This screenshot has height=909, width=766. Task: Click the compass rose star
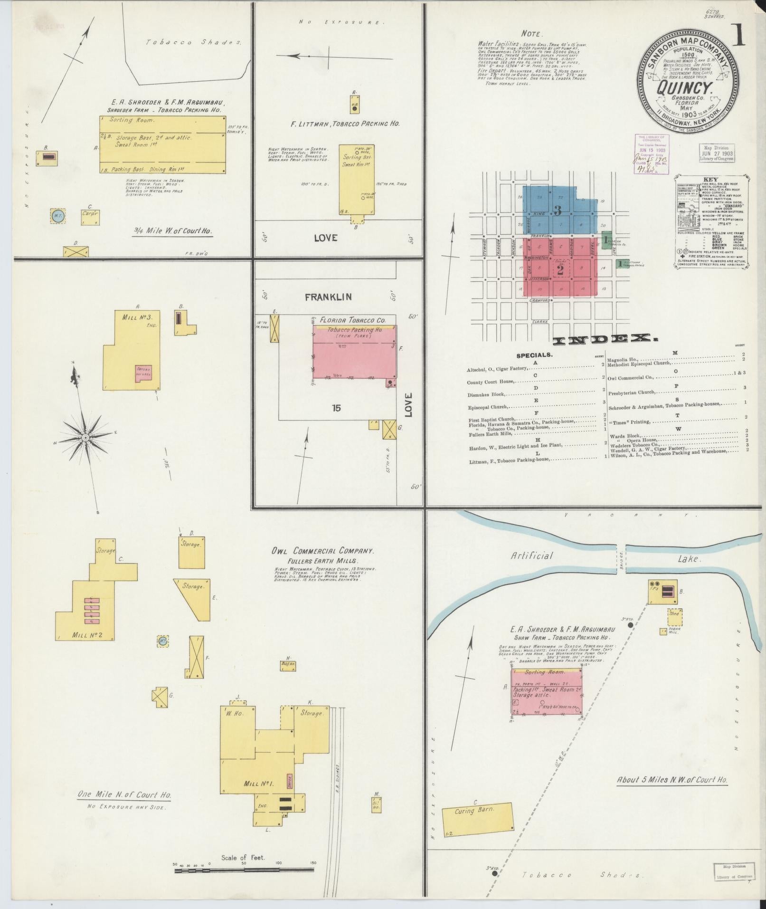[85, 437]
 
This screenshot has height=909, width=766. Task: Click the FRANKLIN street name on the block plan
[328, 297]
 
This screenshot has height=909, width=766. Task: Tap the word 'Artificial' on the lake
[532, 555]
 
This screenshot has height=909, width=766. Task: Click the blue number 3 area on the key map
[558, 210]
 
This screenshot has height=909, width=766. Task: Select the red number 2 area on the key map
[560, 270]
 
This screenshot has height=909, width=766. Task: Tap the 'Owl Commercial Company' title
[322, 551]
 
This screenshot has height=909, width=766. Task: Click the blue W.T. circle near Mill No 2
[163, 641]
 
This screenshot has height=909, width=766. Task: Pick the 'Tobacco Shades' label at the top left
[193, 42]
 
